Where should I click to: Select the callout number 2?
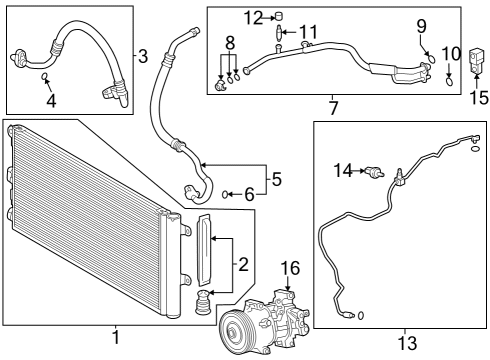coord(241,264)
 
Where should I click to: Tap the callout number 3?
coord(143,56)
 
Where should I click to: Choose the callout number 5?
coord(277,180)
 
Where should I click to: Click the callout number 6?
coord(248,194)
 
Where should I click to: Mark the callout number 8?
coord(229,44)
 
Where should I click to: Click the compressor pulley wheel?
coord(233,332)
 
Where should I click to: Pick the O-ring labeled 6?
coord(229,194)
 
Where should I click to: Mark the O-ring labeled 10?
coord(451,83)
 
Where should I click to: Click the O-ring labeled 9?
coord(430,55)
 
